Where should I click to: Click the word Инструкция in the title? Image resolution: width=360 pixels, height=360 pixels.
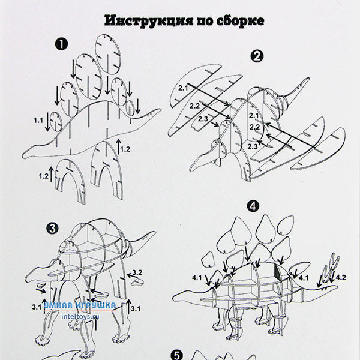149,21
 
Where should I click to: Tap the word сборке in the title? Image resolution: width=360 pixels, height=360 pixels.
240,21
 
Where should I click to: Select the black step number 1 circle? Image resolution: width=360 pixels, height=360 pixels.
61,44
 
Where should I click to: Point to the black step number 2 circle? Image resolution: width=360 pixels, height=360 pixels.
257,56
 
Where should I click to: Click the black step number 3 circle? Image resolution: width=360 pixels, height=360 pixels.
52,228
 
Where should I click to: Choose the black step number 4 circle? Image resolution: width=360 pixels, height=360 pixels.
253,206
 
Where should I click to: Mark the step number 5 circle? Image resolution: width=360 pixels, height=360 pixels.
177,355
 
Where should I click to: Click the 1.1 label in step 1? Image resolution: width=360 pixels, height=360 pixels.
38,121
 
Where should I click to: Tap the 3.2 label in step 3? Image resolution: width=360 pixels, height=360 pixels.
137,273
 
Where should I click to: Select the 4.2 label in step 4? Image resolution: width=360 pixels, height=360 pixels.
341,278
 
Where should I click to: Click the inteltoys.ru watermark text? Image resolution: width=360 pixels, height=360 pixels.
80,316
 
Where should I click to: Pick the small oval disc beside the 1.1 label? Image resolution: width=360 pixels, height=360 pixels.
56,122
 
